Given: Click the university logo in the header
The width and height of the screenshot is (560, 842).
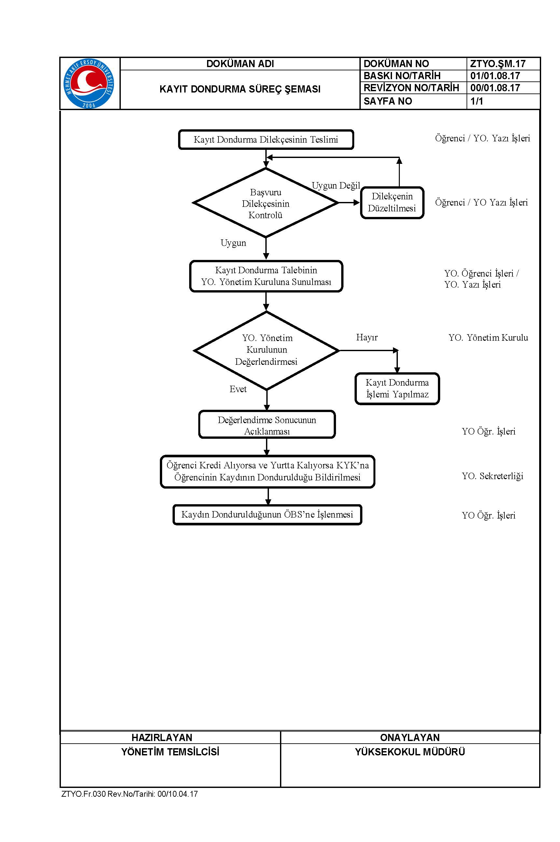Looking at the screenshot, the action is click(x=89, y=83).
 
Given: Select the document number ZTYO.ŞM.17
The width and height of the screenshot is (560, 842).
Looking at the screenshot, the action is click(x=497, y=64).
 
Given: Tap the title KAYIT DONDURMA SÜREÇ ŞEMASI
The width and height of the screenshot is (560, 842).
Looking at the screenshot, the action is click(x=240, y=89).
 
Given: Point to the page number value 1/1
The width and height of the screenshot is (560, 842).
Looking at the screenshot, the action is click(x=476, y=101).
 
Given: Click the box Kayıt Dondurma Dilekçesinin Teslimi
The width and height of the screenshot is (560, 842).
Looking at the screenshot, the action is click(x=266, y=139).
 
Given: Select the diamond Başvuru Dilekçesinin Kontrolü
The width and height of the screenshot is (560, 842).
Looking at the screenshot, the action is click(x=266, y=203).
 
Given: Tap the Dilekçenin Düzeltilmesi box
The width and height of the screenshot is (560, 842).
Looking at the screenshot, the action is click(x=392, y=203).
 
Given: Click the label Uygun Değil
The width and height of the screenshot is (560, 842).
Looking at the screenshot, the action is click(x=336, y=185).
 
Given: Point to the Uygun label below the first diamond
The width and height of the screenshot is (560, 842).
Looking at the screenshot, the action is click(x=233, y=243).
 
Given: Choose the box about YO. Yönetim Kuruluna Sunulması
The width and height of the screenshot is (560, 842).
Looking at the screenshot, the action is click(x=266, y=276).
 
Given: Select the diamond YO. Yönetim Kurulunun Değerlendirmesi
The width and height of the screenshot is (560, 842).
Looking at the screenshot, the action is click(x=266, y=350).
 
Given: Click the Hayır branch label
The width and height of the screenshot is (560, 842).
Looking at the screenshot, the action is click(x=367, y=337).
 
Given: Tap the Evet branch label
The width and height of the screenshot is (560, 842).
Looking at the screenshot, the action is click(x=238, y=389).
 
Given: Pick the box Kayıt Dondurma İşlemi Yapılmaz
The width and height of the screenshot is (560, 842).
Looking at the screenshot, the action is click(x=397, y=389).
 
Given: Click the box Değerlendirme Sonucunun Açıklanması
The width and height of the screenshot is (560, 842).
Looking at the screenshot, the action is click(x=267, y=424).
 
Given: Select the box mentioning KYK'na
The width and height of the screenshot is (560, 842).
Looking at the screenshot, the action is click(x=268, y=472).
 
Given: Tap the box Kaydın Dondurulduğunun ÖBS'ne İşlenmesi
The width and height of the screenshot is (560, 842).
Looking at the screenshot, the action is click(x=267, y=514).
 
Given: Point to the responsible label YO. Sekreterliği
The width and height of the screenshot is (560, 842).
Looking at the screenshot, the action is click(x=493, y=476).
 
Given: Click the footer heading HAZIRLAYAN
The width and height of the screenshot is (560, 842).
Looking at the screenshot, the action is click(x=162, y=737).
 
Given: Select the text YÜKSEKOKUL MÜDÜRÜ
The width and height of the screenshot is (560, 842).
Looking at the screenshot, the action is click(x=410, y=752).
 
